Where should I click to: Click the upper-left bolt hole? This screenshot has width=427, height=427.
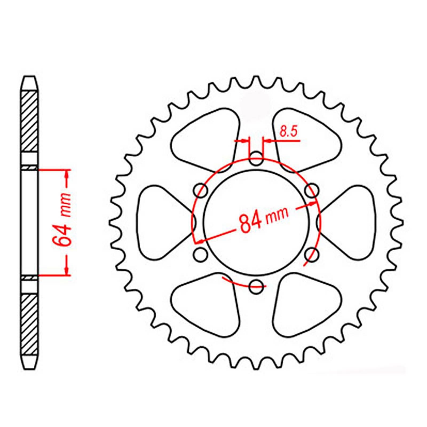coord(201,190)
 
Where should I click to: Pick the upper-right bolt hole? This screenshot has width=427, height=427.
coord(312,190)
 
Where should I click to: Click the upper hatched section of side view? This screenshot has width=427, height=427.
coord(29,121)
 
